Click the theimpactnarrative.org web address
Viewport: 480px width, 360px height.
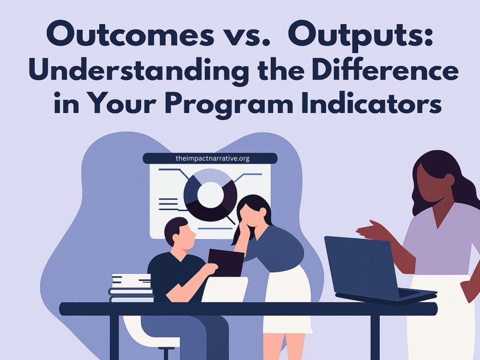tap(212, 158)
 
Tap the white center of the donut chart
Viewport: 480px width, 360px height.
tap(210, 195)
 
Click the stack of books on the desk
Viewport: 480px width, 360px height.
tap(131, 288)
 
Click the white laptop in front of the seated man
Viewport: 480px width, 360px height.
tap(225, 289)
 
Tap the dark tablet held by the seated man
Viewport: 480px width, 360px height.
tap(226, 262)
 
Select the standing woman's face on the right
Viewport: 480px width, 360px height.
tap(430, 183)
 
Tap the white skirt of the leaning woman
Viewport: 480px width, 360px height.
tap(287, 299)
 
